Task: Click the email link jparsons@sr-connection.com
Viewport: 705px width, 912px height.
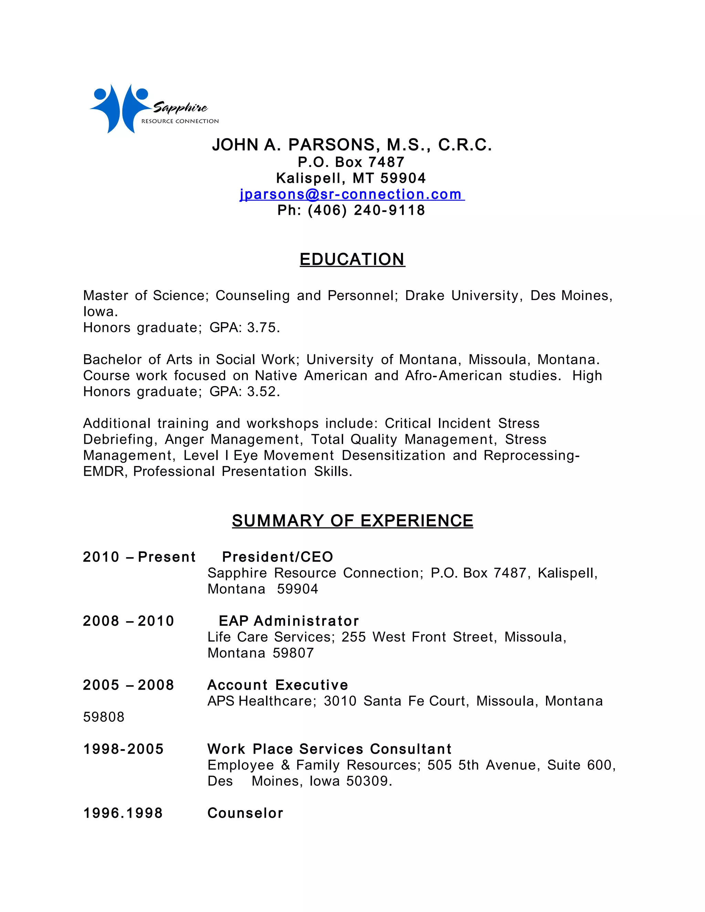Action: (352, 194)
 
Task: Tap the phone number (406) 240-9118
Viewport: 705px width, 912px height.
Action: (366, 210)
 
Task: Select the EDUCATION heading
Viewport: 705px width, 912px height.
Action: (352, 259)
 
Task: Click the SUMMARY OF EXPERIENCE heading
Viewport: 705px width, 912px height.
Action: (352, 521)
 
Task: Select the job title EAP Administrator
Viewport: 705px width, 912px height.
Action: (288, 621)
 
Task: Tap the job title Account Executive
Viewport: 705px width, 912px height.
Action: (277, 685)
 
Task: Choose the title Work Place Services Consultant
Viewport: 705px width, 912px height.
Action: (329, 749)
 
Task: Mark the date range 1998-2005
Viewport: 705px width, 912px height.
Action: (123, 749)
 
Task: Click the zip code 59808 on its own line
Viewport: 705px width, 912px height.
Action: (104, 717)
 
